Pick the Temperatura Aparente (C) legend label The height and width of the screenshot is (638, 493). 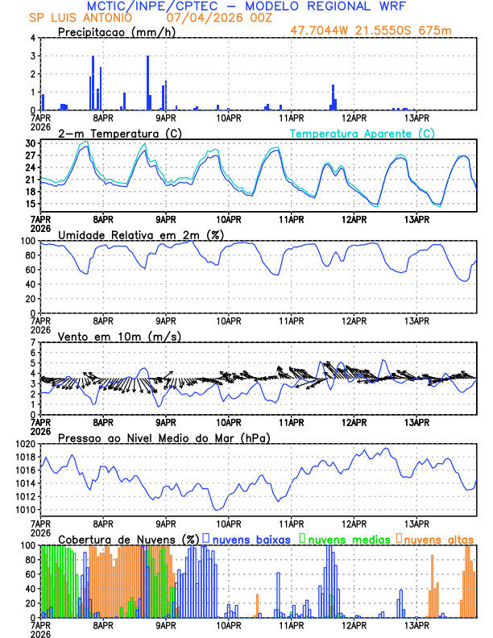pos(362,133)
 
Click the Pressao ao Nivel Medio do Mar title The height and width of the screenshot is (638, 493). pos(164,437)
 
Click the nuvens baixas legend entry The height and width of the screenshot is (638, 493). pos(251,539)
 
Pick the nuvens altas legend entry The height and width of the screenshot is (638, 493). pos(438,539)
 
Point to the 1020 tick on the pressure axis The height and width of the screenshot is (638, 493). pos(24,444)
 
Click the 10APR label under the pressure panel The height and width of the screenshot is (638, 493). pos(229,524)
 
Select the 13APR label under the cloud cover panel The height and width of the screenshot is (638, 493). pos(416,625)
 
